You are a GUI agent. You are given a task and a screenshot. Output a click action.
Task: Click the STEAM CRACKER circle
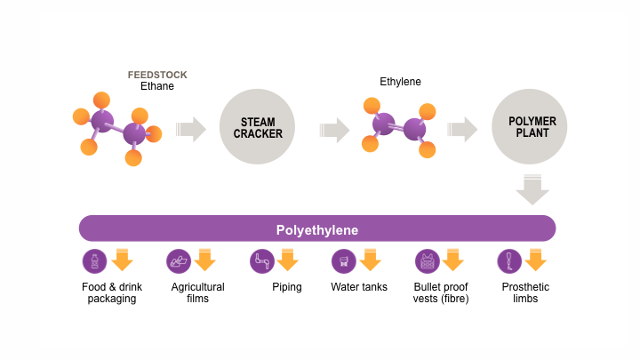tap(258, 128)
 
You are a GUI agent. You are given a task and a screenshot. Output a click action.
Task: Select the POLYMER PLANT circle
tap(530, 128)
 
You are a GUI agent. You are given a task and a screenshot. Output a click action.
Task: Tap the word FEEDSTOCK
tap(157, 75)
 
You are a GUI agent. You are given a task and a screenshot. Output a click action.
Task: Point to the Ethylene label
tap(400, 82)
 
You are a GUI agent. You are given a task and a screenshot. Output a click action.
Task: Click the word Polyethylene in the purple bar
tap(316, 229)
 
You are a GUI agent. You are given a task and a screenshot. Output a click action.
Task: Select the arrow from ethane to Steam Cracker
tap(191, 129)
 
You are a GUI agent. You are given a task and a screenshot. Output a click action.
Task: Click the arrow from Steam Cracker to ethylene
tap(334, 130)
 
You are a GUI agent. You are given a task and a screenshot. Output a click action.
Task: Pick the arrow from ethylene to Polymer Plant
tap(462, 129)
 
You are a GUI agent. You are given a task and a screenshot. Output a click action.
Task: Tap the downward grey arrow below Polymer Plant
tap(532, 189)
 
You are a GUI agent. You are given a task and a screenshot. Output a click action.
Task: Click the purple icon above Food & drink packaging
tap(94, 260)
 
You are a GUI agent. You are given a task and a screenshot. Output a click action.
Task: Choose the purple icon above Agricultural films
tap(179, 260)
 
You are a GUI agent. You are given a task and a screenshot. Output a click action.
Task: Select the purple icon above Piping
tap(261, 260)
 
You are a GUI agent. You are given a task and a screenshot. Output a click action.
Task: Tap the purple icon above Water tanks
tap(343, 260)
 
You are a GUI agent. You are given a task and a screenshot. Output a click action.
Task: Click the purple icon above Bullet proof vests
tap(427, 260)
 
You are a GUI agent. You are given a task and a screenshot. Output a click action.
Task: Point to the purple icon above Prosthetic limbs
tap(509, 260)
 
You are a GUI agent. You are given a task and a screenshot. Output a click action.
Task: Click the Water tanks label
tap(359, 287)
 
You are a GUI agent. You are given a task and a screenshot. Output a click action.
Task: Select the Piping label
tap(287, 287)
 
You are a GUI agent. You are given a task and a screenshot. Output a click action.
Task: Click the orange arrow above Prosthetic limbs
tap(535, 260)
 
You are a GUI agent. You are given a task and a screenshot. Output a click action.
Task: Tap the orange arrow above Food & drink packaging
tap(123, 260)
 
